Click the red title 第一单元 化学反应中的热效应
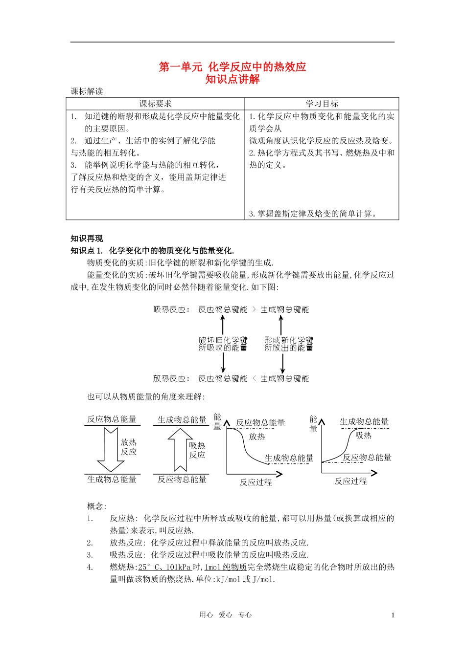coord(232,67)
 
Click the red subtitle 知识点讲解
coord(232,79)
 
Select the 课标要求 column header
coord(155,104)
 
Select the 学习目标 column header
coord(322,104)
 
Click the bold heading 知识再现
coord(87,239)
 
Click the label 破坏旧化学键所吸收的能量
coord(223,344)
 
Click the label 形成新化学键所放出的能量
coord(289,344)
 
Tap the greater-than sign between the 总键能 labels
coord(254,309)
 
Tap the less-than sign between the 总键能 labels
coord(254,378)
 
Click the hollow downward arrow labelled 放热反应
coord(111,449)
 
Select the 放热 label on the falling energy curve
coord(257,437)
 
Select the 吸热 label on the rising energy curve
coord(363,435)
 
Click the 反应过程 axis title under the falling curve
coord(256,482)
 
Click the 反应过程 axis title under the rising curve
coord(350,482)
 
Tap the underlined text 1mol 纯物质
coord(226,567)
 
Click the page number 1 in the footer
coord(393,615)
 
